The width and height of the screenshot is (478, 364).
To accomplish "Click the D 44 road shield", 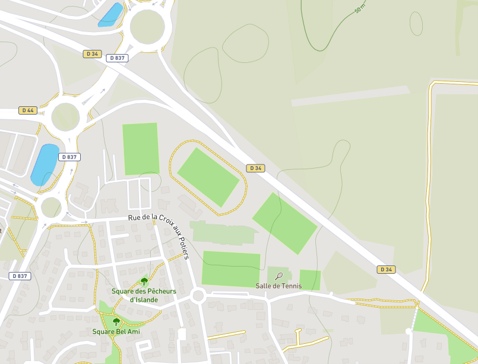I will [27, 110].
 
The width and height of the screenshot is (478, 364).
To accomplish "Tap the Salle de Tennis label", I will [278, 286].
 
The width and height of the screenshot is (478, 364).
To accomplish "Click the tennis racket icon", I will [279, 276].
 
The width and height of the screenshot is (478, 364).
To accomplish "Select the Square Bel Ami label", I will [116, 331].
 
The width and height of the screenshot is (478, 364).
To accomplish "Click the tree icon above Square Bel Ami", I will [116, 322].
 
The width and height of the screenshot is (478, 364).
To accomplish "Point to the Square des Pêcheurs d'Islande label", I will [144, 295].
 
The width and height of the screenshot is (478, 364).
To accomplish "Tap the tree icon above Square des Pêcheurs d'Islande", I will [144, 281].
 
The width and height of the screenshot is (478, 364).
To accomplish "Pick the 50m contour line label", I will [360, 8].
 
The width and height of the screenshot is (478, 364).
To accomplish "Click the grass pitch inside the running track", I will [208, 177].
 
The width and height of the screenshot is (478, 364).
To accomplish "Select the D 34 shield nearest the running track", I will [256, 168].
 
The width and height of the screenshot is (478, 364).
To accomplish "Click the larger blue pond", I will [45, 163].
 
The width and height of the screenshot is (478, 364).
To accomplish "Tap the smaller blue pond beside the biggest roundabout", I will [110, 14].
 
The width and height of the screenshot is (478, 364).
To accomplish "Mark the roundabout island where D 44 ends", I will [65, 116].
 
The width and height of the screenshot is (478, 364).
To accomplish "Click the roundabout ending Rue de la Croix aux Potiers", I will [198, 296].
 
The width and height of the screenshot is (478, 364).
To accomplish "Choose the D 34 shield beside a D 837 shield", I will [92, 54].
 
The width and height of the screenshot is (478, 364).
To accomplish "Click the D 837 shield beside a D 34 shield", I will [117, 58].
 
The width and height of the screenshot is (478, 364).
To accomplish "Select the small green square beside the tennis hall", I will [309, 280].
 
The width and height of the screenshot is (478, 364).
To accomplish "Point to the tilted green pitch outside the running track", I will [284, 223].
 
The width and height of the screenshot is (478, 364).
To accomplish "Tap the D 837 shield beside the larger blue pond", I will [69, 157].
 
